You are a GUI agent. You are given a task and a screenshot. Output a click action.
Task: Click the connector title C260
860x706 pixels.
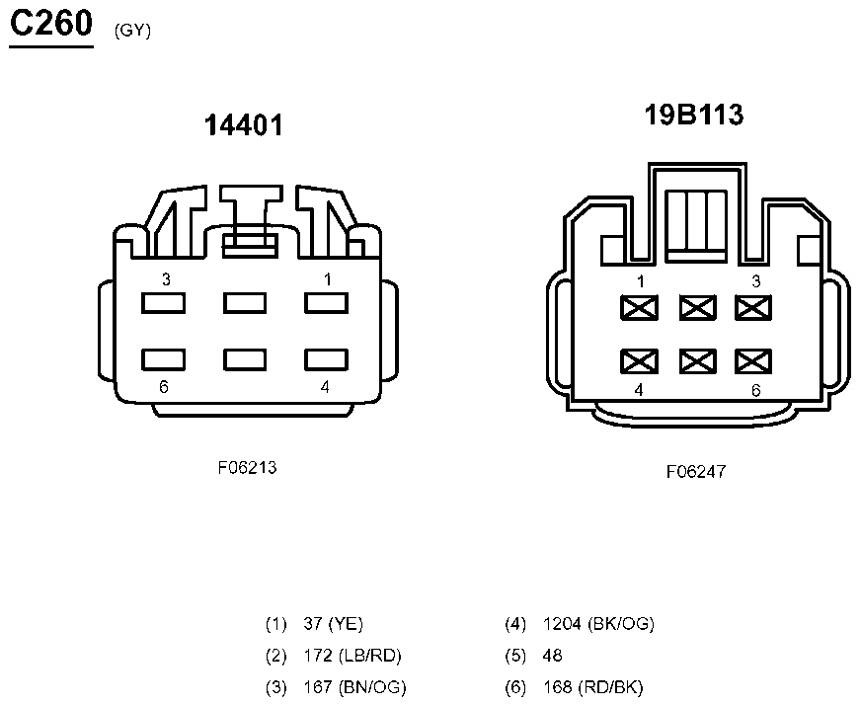pyautogui.click(x=51, y=24)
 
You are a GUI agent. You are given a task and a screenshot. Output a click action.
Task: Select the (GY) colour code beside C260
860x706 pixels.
pyautogui.click(x=132, y=31)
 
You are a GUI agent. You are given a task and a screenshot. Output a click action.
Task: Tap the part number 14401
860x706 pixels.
pyautogui.click(x=244, y=125)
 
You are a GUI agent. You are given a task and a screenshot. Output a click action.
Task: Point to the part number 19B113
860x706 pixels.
pyautogui.click(x=694, y=115)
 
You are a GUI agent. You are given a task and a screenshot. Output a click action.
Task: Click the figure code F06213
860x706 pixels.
pyautogui.click(x=248, y=467)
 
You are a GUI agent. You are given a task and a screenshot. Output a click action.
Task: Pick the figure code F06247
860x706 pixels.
pyautogui.click(x=696, y=471)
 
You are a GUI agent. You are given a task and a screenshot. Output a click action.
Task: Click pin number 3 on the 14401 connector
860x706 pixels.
pyautogui.click(x=166, y=279)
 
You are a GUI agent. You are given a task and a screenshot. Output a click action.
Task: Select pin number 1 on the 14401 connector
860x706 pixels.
pyautogui.click(x=328, y=279)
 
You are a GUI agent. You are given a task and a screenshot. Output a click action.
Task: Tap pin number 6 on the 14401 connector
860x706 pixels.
pyautogui.click(x=164, y=387)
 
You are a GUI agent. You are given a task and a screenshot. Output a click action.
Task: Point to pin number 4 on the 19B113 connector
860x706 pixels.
pyautogui.click(x=639, y=390)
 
